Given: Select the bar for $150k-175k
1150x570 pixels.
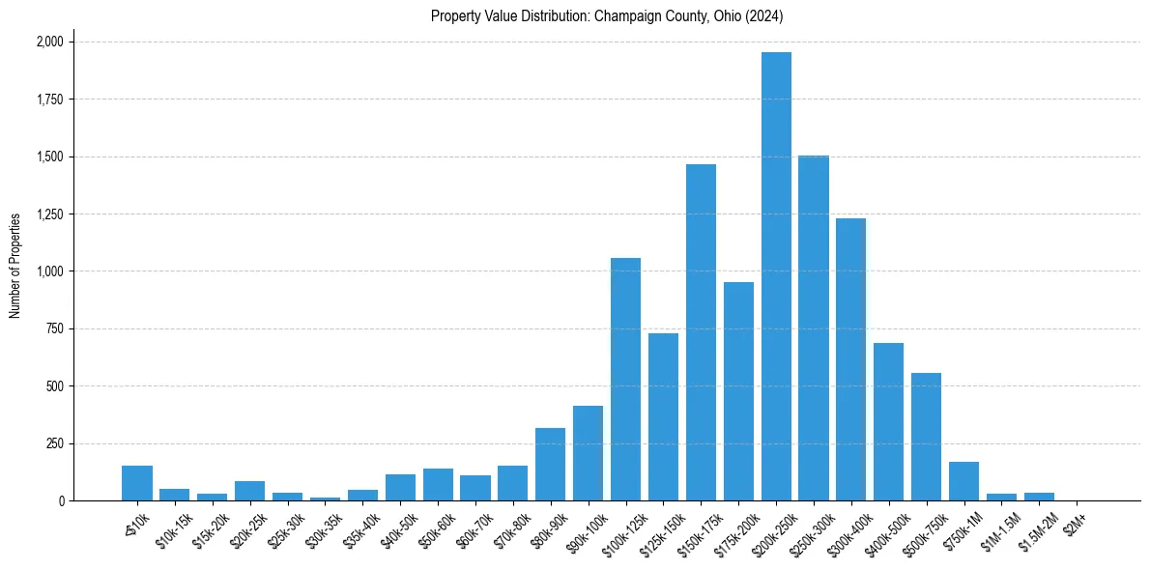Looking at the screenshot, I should (701, 332).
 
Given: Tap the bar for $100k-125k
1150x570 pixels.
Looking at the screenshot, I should (625, 379).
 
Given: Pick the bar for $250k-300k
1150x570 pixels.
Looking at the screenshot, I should (814, 328).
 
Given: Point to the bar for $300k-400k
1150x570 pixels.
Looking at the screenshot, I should (850, 359).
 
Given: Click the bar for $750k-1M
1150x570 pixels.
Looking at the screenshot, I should (963, 481).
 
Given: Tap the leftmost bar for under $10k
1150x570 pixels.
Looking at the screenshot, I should (137, 483).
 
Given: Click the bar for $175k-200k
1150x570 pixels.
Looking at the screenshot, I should (738, 391).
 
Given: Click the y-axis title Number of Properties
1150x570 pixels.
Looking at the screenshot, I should (14, 266).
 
